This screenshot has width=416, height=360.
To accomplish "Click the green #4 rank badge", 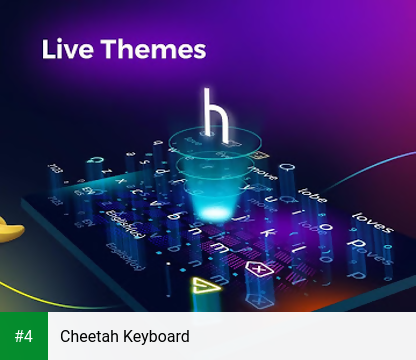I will point(24,336).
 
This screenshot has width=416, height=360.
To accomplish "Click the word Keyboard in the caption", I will point(156,336).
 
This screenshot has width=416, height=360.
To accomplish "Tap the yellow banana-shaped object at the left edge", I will point(10,232).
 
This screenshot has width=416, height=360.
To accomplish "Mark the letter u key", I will point(270,197).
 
